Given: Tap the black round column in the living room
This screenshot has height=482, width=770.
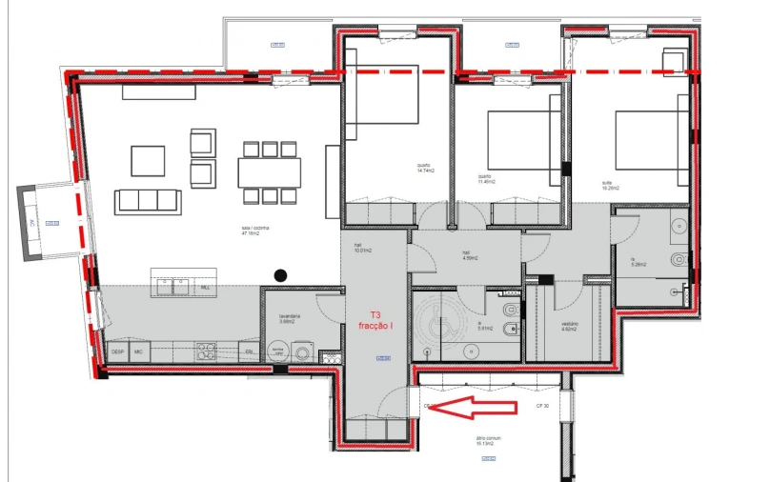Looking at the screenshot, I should tap(280, 275).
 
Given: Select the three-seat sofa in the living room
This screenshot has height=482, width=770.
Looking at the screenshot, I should tap(148, 202).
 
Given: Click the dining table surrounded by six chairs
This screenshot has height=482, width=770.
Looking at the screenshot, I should tap(269, 172).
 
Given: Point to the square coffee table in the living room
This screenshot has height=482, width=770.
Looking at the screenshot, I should tap(148, 160).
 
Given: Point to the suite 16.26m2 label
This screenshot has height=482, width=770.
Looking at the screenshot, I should tap(611, 188).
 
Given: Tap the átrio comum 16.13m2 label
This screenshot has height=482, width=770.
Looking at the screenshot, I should tap(489, 442).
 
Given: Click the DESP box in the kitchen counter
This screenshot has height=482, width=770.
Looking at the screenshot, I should tap(118, 351).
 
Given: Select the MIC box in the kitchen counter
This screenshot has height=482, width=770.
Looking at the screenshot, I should tap(139, 351).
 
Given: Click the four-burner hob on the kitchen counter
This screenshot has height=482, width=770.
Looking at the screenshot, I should tap(205, 350).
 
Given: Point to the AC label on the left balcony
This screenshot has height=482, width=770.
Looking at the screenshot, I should tap(31, 224).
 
